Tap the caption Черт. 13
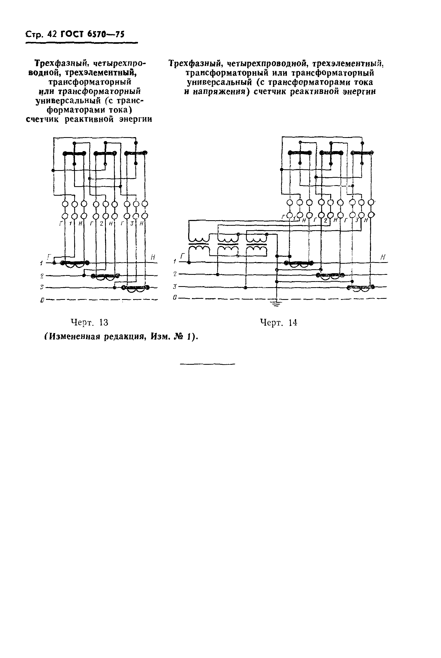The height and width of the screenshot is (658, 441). pos(89,322)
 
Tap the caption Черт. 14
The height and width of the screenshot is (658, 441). pos(278,322)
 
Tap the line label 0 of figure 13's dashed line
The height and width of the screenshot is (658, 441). pos(42,301)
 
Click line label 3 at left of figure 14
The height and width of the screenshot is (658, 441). pos(175,286)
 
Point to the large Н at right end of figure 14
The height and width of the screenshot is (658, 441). pos(383,257)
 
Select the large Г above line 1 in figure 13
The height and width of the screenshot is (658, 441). pos(49,256)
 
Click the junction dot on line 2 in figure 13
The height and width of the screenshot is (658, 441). pos(84,275)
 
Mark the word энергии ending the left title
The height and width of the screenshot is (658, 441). pos(136,119)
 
